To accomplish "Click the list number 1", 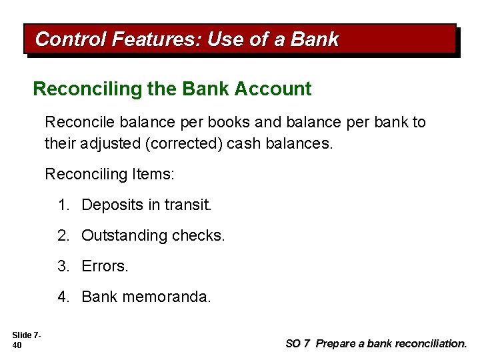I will click(x=63, y=205).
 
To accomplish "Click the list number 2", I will click(x=63, y=236).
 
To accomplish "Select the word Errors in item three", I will click(x=105, y=267).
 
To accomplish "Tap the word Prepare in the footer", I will click(x=337, y=344).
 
